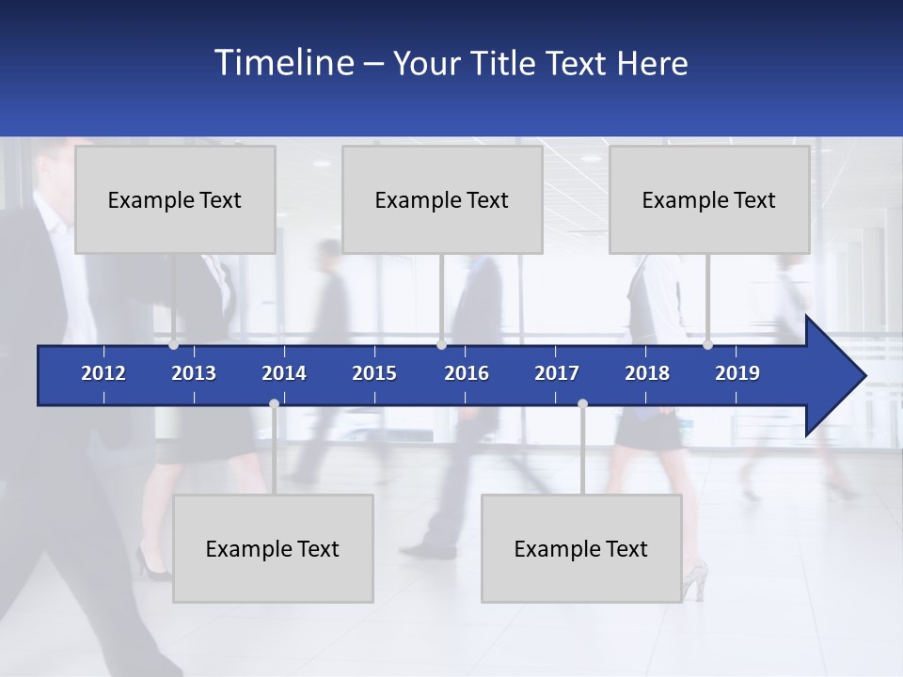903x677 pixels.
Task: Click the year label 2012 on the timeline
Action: [x=103, y=373]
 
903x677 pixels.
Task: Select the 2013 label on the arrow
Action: [x=194, y=373]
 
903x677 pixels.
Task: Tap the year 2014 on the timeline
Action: [x=284, y=373]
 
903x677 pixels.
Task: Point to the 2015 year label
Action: [x=374, y=373]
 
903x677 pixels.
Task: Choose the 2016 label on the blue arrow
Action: [x=467, y=373]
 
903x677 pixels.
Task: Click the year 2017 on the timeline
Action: [x=557, y=373]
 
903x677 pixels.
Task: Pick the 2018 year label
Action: [x=647, y=373]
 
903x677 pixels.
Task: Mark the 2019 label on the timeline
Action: [x=737, y=373]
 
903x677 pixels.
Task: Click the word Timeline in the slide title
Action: [x=283, y=63]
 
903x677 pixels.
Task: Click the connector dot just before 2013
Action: [x=173, y=345]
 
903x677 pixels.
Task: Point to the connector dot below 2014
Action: [x=274, y=404]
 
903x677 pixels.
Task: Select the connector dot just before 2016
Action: [x=441, y=345]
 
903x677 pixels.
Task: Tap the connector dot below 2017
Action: [x=582, y=404]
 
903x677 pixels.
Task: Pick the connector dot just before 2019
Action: [x=707, y=345]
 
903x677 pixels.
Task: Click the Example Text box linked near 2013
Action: [x=175, y=199]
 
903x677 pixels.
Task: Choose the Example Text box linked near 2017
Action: [x=581, y=548]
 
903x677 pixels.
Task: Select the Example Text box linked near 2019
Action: [x=709, y=199]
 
